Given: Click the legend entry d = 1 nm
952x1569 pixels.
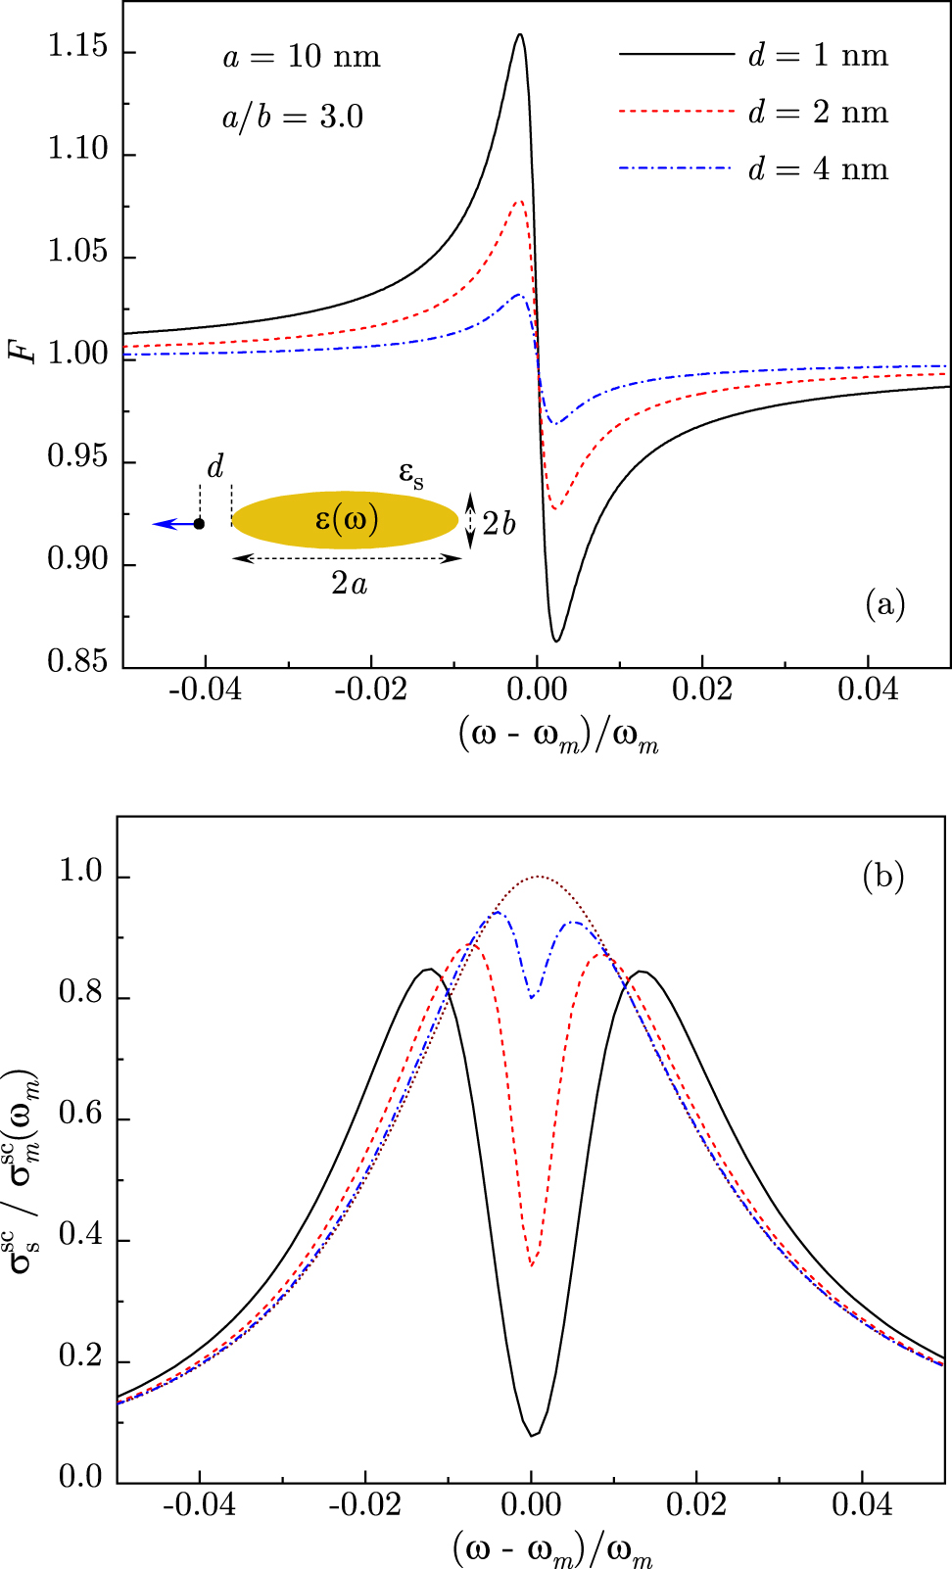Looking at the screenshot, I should tap(818, 55).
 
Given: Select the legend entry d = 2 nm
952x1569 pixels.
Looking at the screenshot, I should tap(818, 113).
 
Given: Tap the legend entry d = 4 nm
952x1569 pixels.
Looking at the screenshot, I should tap(818, 169).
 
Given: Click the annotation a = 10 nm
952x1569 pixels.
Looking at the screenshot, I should tap(302, 57).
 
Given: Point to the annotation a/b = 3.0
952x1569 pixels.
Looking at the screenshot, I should tap(292, 118).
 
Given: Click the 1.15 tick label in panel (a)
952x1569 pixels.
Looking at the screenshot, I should tap(78, 47).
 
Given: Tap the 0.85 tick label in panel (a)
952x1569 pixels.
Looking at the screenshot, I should tap(78, 661).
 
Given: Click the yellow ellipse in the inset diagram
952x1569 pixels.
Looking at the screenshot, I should tap(345, 520).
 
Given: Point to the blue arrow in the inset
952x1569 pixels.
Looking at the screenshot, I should tap(172, 524).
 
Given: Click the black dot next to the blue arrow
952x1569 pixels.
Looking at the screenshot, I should tap(199, 524).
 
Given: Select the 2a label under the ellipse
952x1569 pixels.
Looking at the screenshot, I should tap(349, 584).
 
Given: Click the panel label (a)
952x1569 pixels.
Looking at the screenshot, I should tap(885, 604).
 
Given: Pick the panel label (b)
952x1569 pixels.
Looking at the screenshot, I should tap(882, 876).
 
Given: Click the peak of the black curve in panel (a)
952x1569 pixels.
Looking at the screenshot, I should tap(519, 35).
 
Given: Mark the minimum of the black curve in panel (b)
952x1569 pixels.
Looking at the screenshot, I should tap(533, 1436).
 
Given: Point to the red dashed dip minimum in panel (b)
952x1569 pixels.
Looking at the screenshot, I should tap(532, 1265).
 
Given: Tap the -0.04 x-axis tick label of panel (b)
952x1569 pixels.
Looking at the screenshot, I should tap(199, 1504).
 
